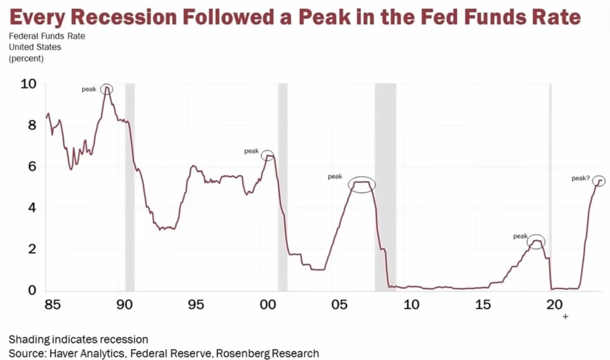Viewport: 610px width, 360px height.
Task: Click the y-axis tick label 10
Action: (28, 84)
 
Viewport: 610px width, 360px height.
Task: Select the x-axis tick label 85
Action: (53, 304)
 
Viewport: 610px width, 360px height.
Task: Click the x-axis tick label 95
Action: (196, 304)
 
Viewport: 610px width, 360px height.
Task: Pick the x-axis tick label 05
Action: (340, 304)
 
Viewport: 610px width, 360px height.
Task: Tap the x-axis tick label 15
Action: (483, 304)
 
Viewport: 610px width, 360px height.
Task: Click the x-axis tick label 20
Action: (555, 304)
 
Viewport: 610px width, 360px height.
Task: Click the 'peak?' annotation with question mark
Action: (580, 179)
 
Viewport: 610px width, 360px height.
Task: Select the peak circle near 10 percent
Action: (107, 89)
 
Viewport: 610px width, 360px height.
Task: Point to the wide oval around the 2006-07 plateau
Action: (362, 184)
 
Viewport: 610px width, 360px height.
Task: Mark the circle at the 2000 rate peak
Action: (268, 155)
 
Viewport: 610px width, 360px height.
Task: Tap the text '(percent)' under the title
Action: (26, 59)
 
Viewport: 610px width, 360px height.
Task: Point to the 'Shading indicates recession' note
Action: (78, 340)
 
